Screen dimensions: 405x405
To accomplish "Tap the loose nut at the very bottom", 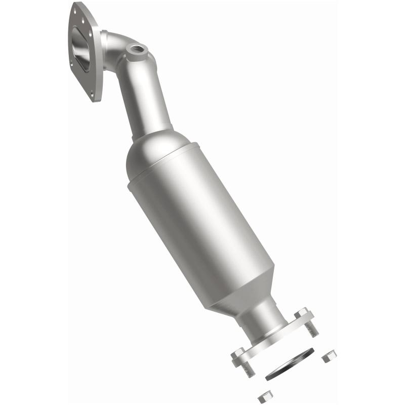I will click(x=263, y=397).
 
